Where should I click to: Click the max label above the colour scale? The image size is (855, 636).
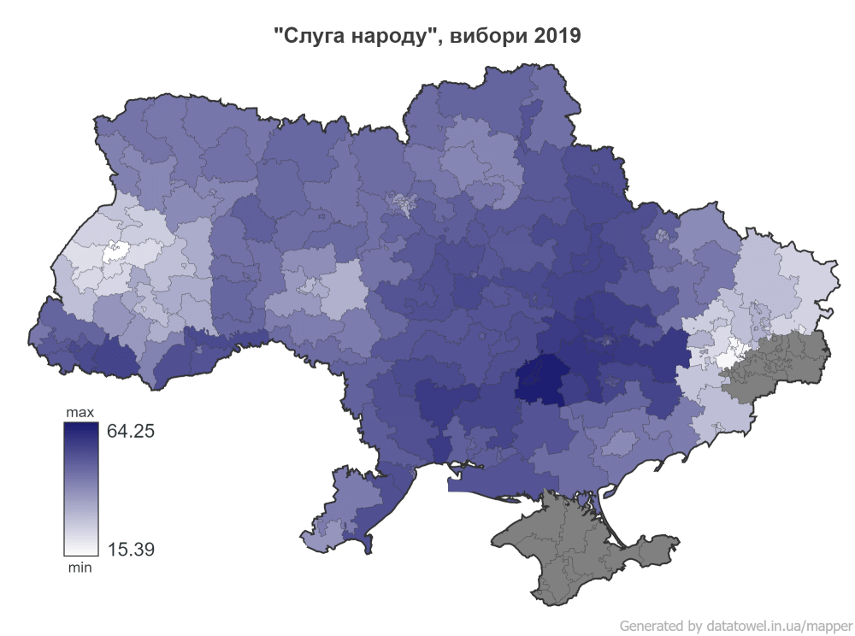coord(80,413)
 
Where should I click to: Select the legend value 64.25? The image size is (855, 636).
coord(130,431)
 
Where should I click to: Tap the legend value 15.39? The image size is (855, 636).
coord(130,549)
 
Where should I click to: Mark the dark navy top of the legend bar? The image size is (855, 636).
coord(80,430)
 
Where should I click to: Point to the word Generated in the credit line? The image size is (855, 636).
coord(651,625)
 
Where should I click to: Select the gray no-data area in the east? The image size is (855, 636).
coord(778,363)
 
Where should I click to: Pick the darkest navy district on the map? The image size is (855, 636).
coord(542,381)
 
